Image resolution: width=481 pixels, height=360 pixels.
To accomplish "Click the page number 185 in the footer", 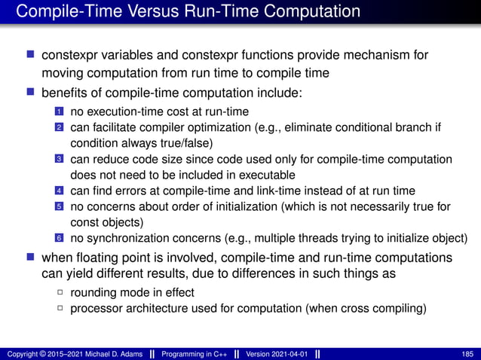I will pyautogui.click(x=467, y=353).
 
